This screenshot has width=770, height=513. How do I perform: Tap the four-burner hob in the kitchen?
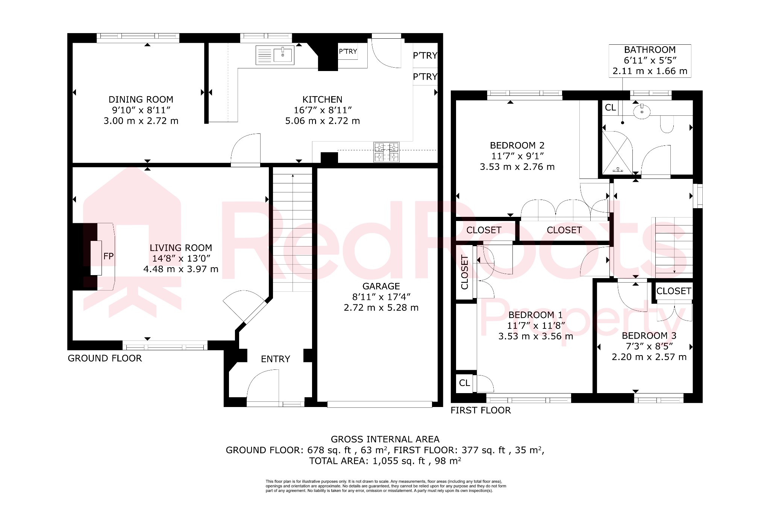[x=386, y=152]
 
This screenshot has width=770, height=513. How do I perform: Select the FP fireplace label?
[x=108, y=256]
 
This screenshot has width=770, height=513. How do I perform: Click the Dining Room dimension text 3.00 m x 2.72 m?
[x=141, y=121]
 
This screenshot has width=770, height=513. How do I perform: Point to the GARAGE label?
[x=381, y=286]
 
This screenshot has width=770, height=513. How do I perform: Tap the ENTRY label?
[x=275, y=359]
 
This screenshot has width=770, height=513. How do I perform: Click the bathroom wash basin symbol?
[x=642, y=112]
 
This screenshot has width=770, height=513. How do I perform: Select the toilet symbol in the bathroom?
[x=667, y=124]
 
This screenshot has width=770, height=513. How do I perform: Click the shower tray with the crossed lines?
[x=617, y=153]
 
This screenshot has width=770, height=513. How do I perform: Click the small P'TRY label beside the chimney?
[x=348, y=51]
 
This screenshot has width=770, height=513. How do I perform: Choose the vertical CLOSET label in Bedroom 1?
[x=465, y=272]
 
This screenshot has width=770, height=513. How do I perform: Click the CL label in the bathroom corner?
[x=610, y=107]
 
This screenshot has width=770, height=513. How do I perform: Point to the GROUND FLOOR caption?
[x=105, y=358]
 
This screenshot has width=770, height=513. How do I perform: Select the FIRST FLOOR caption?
[x=480, y=410]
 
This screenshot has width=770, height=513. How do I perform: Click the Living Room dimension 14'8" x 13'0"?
[x=181, y=259]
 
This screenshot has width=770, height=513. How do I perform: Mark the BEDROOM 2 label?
[x=517, y=145]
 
